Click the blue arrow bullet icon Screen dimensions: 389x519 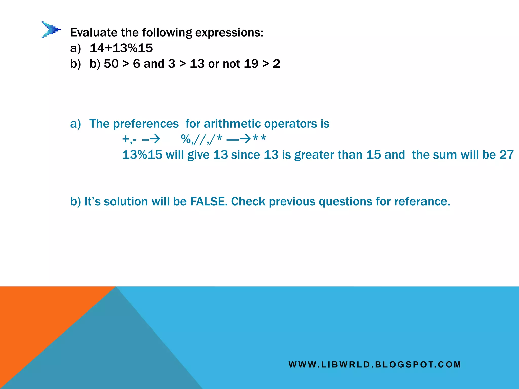click(x=51, y=30)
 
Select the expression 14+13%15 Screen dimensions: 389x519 click(x=121, y=48)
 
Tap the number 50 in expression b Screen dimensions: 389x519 click(x=111, y=64)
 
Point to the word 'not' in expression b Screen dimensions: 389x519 click(x=231, y=64)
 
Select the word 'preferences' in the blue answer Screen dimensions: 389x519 click(x=146, y=124)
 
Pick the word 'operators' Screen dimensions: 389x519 click(x=289, y=124)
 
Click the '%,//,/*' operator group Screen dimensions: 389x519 click(x=202, y=139)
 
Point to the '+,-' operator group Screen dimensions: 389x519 click(x=129, y=139)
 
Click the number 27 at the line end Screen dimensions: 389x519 click(x=506, y=155)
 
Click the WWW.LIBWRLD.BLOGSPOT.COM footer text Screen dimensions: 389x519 click(x=375, y=365)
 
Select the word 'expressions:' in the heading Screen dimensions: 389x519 click(x=229, y=33)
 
